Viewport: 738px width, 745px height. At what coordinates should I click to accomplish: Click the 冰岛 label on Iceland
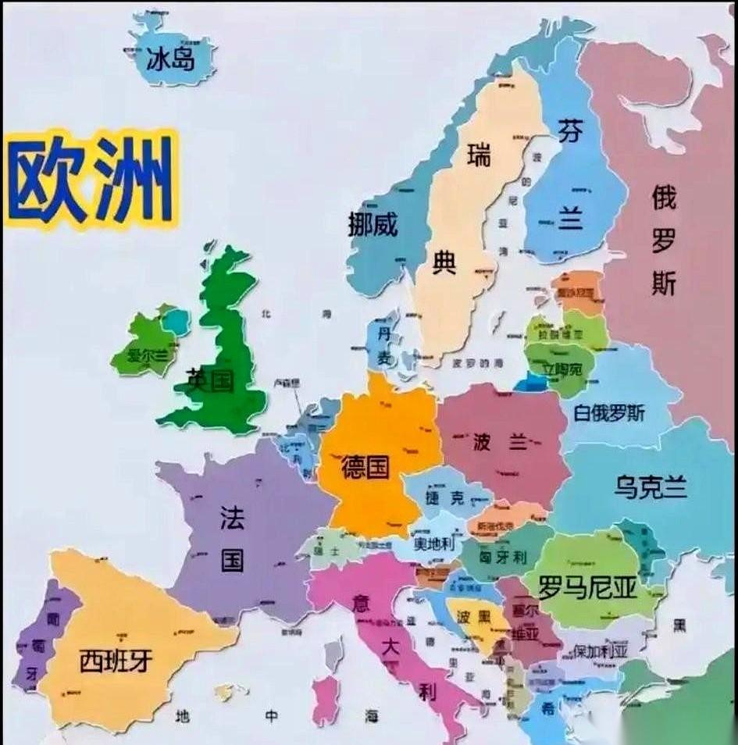click(170, 59)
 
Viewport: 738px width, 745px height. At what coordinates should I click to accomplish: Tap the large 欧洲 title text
click(90, 180)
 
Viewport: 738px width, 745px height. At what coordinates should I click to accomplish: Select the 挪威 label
click(373, 225)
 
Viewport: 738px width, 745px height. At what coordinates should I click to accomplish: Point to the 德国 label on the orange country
click(365, 468)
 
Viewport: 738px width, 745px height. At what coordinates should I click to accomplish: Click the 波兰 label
click(499, 443)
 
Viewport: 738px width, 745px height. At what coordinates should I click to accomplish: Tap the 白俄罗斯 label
click(609, 413)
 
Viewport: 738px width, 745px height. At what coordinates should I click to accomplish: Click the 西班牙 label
click(116, 661)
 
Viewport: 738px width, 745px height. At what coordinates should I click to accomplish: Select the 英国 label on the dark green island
click(209, 380)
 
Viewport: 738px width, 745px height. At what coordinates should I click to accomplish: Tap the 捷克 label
click(444, 497)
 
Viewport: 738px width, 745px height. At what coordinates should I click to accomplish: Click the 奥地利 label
click(433, 544)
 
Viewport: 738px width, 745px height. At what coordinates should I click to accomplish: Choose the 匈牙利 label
click(503, 558)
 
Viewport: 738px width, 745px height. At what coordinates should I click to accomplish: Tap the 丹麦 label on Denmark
click(384, 345)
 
